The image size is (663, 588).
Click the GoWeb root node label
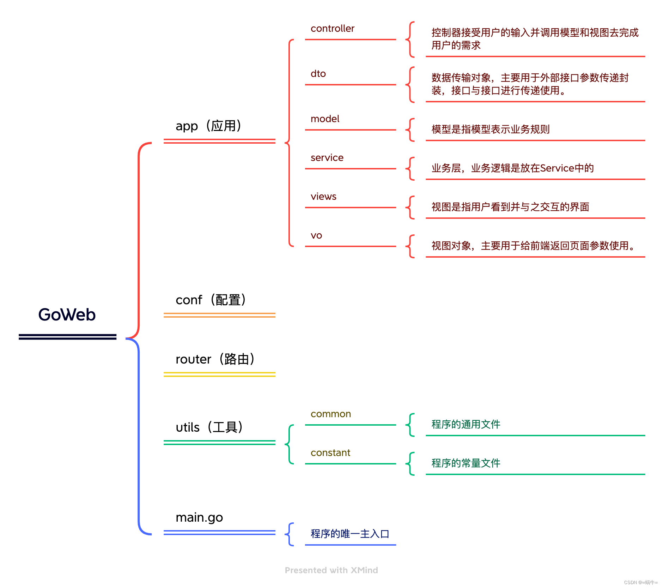(67, 314)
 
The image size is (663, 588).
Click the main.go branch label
(199, 517)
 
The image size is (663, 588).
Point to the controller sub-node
(332, 29)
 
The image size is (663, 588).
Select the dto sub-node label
(318, 74)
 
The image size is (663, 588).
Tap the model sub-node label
(325, 119)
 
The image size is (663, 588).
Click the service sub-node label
(327, 158)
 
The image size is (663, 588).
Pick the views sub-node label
(323, 197)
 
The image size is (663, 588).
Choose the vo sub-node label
(316, 235)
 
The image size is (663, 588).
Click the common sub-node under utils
(330, 414)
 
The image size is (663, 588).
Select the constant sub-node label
(330, 453)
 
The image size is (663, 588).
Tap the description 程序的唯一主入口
(350, 534)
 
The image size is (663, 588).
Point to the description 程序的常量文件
(466, 463)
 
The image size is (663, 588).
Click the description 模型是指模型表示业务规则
(491, 130)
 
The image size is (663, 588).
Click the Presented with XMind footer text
(331, 570)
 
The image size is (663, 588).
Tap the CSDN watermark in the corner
(640, 582)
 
